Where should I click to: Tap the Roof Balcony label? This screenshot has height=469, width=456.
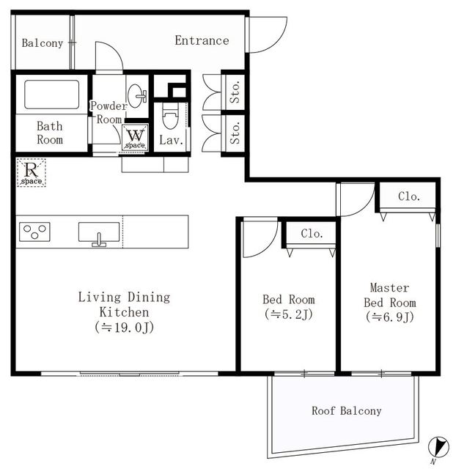click(346, 411)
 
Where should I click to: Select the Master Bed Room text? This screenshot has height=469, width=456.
click(389, 295)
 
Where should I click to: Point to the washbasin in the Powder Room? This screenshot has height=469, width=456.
click(136, 95)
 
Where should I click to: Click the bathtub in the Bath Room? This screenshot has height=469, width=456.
click(51, 95)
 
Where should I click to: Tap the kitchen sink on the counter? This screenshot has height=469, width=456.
click(98, 233)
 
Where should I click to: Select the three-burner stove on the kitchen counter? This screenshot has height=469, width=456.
click(34, 232)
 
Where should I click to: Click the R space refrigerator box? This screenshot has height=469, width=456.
click(32, 172)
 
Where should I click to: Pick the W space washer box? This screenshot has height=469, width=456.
click(135, 138)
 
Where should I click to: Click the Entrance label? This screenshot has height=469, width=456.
click(202, 41)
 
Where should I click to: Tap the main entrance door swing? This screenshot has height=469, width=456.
click(265, 34)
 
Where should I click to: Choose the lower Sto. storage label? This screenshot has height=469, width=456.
click(235, 134)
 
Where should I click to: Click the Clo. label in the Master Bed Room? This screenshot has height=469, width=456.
click(408, 196)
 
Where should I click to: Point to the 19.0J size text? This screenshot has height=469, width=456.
click(124, 327)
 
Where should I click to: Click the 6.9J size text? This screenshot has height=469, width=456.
click(389, 317)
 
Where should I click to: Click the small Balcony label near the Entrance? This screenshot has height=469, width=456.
click(42, 43)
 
